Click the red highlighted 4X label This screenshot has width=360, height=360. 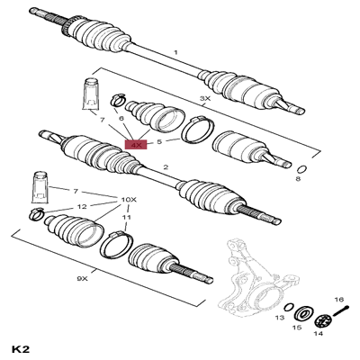click(137, 144)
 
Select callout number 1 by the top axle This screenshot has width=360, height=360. click(176, 53)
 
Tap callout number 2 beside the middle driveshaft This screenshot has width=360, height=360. click(166, 167)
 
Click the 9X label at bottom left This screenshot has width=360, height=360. click(82, 279)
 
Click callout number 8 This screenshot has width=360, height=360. click(298, 181)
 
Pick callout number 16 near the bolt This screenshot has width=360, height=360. click(339, 299)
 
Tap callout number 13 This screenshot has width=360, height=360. click(280, 319)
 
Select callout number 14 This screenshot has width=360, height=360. click(317, 334)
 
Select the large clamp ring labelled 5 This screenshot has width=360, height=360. click(195, 130)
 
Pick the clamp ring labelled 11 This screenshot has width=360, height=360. click(118, 243)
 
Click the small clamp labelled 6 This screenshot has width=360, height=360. click(118, 100)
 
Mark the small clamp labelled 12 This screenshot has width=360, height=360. click(35, 213)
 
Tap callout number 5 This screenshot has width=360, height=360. click(158, 141)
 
